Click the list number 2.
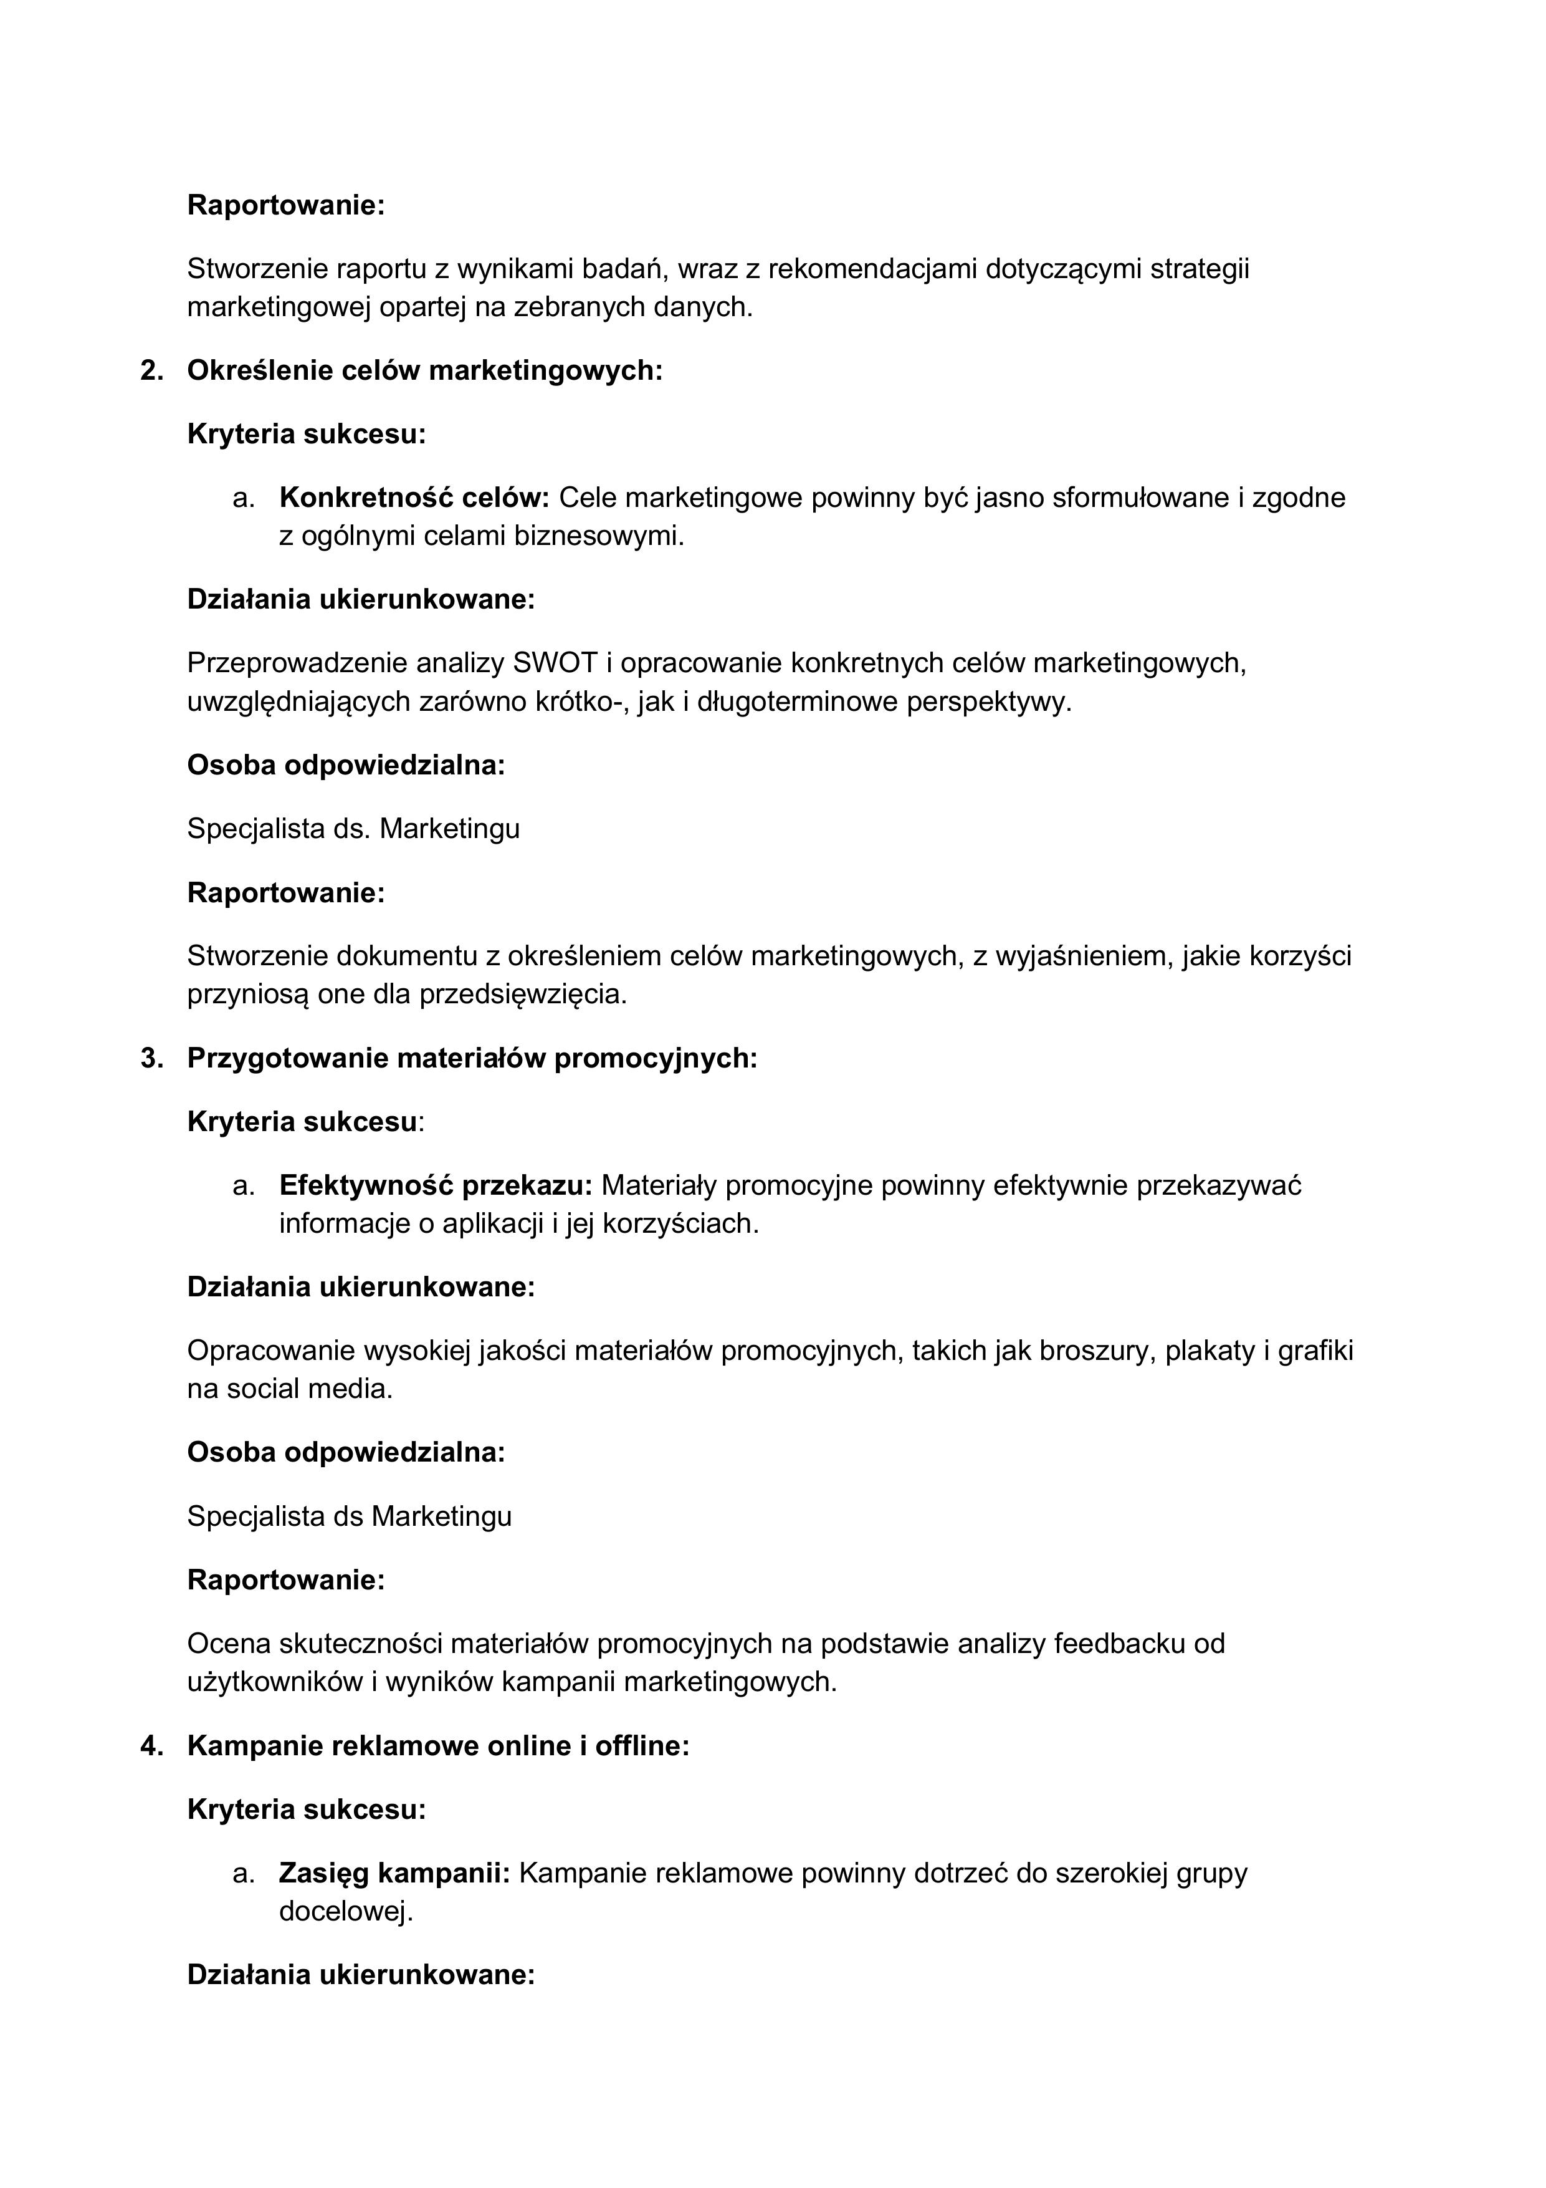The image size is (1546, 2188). [x=151, y=371]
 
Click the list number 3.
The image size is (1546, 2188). [x=151, y=1058]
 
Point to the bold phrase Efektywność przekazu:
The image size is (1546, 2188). [x=436, y=1185]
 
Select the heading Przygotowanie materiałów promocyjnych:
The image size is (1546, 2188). [x=472, y=1058]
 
